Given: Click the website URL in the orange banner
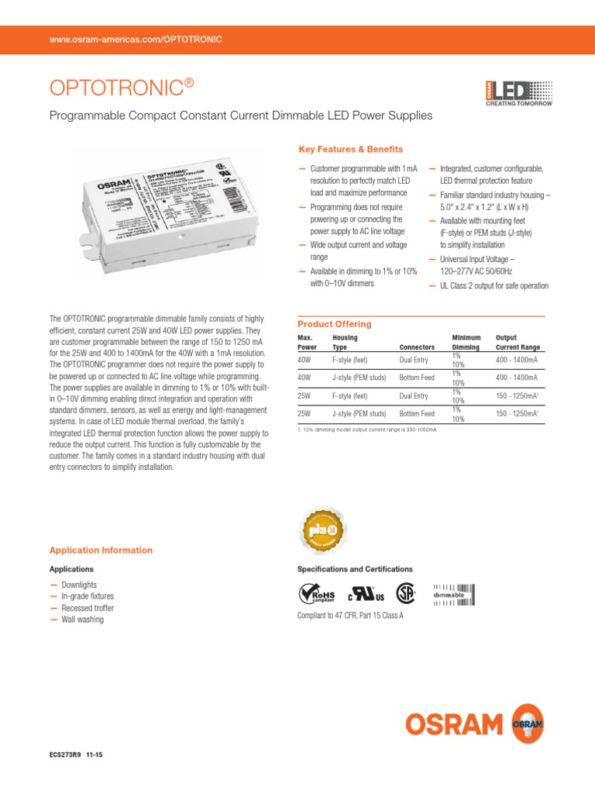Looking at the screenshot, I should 136,39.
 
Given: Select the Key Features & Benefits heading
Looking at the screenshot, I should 350,149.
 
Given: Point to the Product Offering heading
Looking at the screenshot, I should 335,324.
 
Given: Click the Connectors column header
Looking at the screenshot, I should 416,347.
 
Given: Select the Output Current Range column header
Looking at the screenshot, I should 518,343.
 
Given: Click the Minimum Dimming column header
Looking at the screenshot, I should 466,343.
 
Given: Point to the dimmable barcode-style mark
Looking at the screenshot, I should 453,594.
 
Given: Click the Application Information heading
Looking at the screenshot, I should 101,551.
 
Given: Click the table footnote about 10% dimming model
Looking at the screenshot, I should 366,429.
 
